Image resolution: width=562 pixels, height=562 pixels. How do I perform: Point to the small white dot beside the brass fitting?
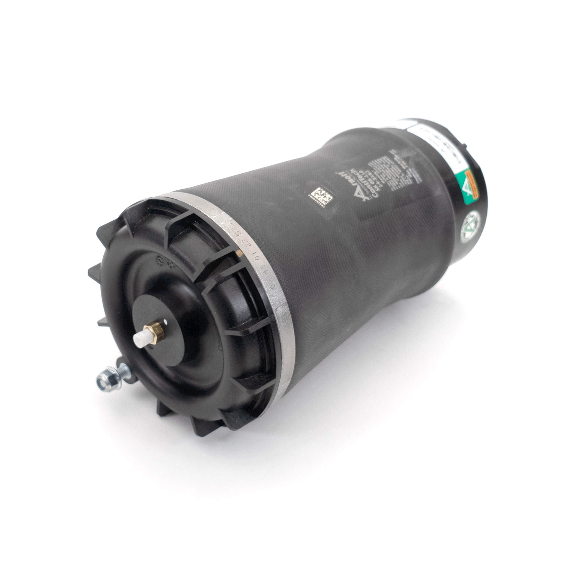tap(166, 321)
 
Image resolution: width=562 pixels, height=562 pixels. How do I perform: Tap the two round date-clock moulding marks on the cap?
tap(164, 262)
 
